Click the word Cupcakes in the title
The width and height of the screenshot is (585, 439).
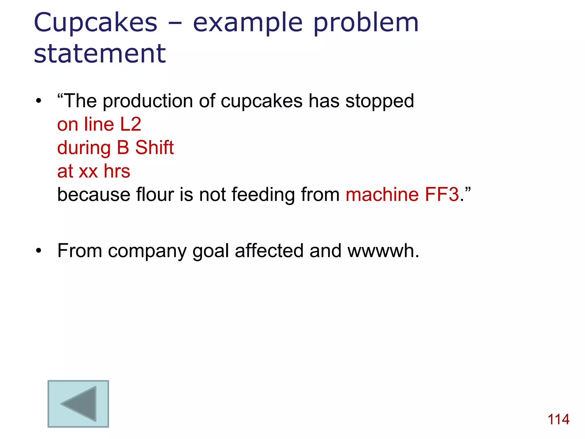(x=95, y=23)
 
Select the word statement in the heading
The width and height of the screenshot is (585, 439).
(x=100, y=53)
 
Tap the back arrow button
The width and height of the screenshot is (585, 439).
(x=78, y=404)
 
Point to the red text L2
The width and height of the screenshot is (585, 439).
(x=131, y=124)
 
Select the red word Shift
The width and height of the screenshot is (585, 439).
(x=154, y=148)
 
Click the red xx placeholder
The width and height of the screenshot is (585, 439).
(x=88, y=171)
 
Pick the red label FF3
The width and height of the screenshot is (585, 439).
(x=442, y=195)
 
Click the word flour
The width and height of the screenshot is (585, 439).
(x=155, y=195)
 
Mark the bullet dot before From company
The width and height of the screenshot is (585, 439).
(x=39, y=251)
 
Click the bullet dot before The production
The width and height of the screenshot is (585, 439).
(x=39, y=101)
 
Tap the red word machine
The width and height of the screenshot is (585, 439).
(x=382, y=195)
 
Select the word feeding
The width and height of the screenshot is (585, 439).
(x=263, y=195)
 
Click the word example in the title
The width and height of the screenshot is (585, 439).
(x=248, y=23)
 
